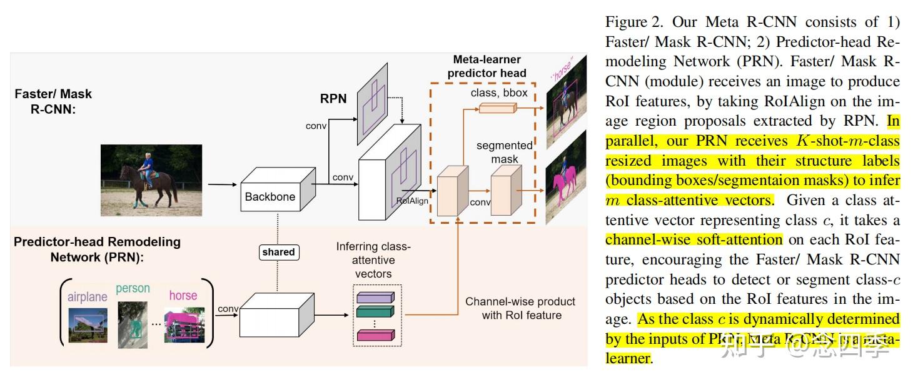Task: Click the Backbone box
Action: pos(275,194)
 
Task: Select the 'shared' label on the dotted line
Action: pos(278,252)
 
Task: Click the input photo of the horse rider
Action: pos(152,180)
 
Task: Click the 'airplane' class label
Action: pos(88,296)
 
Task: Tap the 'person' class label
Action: pos(133,288)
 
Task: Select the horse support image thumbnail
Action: pos(184,324)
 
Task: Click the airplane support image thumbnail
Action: pos(88,324)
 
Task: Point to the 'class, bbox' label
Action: pos(499,93)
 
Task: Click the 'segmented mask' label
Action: pos(504,152)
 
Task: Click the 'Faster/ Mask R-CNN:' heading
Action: pos(53,101)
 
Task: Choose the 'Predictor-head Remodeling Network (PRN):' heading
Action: pos(98,249)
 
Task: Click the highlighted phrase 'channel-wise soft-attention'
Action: pos(694,239)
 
